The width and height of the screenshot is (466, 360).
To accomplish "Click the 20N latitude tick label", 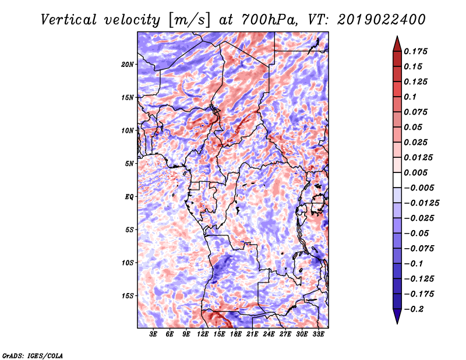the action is point(128,65).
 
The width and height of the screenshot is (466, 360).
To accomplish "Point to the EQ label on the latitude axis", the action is point(129,197).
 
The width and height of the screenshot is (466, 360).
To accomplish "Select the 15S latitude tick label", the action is point(128,296).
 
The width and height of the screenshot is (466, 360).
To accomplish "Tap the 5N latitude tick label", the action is point(129,164).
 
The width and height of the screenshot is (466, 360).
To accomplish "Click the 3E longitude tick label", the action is point(153,334).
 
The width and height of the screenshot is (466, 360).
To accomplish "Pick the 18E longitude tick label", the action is point(236,334).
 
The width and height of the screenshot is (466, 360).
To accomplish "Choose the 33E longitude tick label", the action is point(318,334).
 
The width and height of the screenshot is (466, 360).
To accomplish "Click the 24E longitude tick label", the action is point(269,334).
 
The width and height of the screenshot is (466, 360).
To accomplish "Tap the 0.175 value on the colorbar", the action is point(415,51).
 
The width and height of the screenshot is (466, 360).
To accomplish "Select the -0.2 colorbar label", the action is point(414,309).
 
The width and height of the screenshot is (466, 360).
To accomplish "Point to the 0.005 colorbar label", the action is point(415,172).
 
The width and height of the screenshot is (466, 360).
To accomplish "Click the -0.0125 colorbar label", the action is point(421,203).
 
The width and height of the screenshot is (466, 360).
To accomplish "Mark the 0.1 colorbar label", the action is point(410,97).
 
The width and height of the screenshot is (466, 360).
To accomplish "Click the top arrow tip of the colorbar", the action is point(397,36).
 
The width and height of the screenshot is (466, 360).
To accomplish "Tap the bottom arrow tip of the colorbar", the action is point(397,323).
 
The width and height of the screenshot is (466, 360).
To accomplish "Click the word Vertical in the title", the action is point(69,20).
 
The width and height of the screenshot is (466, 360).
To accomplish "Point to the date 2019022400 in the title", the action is point(382,20).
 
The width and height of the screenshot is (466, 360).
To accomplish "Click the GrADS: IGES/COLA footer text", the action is point(33,356).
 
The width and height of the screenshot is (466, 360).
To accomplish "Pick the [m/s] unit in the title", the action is point(189,20).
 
